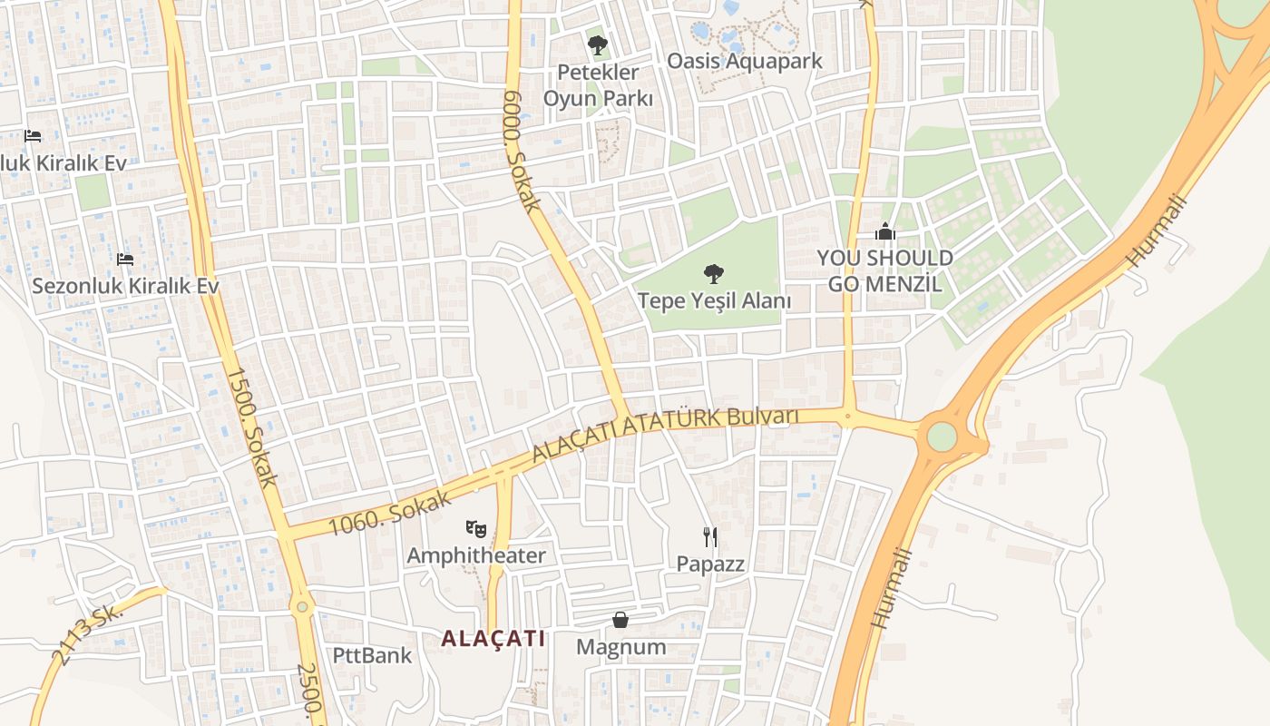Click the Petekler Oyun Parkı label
(598, 84)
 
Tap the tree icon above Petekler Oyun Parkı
(597, 44)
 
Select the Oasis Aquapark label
(744, 61)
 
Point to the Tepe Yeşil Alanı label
(714, 300)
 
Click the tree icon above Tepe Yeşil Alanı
(714, 272)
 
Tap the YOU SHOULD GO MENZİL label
(884, 270)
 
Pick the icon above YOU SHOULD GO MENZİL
(885, 232)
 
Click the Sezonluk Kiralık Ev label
(125, 285)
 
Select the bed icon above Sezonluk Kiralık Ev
(125, 260)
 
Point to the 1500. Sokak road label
(249, 427)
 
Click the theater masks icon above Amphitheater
(475, 527)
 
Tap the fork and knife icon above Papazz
(710, 537)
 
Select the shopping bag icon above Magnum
(620, 620)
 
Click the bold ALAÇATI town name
(493, 638)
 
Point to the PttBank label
(372, 655)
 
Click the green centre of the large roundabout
(942, 437)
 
